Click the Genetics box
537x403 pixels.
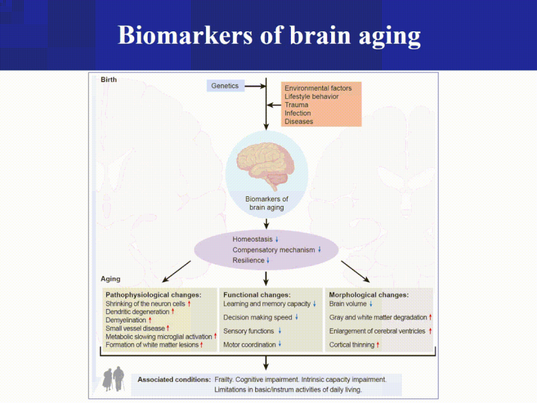(225, 86)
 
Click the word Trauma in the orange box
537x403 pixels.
(296, 105)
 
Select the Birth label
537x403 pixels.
(109, 79)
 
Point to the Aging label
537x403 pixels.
(110, 279)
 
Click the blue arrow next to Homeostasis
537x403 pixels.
(277, 239)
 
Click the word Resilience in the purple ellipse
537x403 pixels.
(248, 260)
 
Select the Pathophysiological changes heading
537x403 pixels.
(153, 295)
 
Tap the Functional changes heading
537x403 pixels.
(257, 295)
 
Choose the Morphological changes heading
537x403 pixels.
(369, 295)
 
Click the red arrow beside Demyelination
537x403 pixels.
(150, 320)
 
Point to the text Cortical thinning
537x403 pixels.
(352, 345)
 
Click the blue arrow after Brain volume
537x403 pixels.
(371, 303)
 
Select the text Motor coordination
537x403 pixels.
(249, 345)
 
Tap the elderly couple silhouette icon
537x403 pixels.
(114, 379)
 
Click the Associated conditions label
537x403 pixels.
(174, 379)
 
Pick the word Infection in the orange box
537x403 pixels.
(298, 113)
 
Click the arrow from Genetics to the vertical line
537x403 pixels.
(255, 86)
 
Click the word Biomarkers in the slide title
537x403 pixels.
(185, 35)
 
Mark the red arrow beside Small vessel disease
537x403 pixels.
(168, 329)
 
